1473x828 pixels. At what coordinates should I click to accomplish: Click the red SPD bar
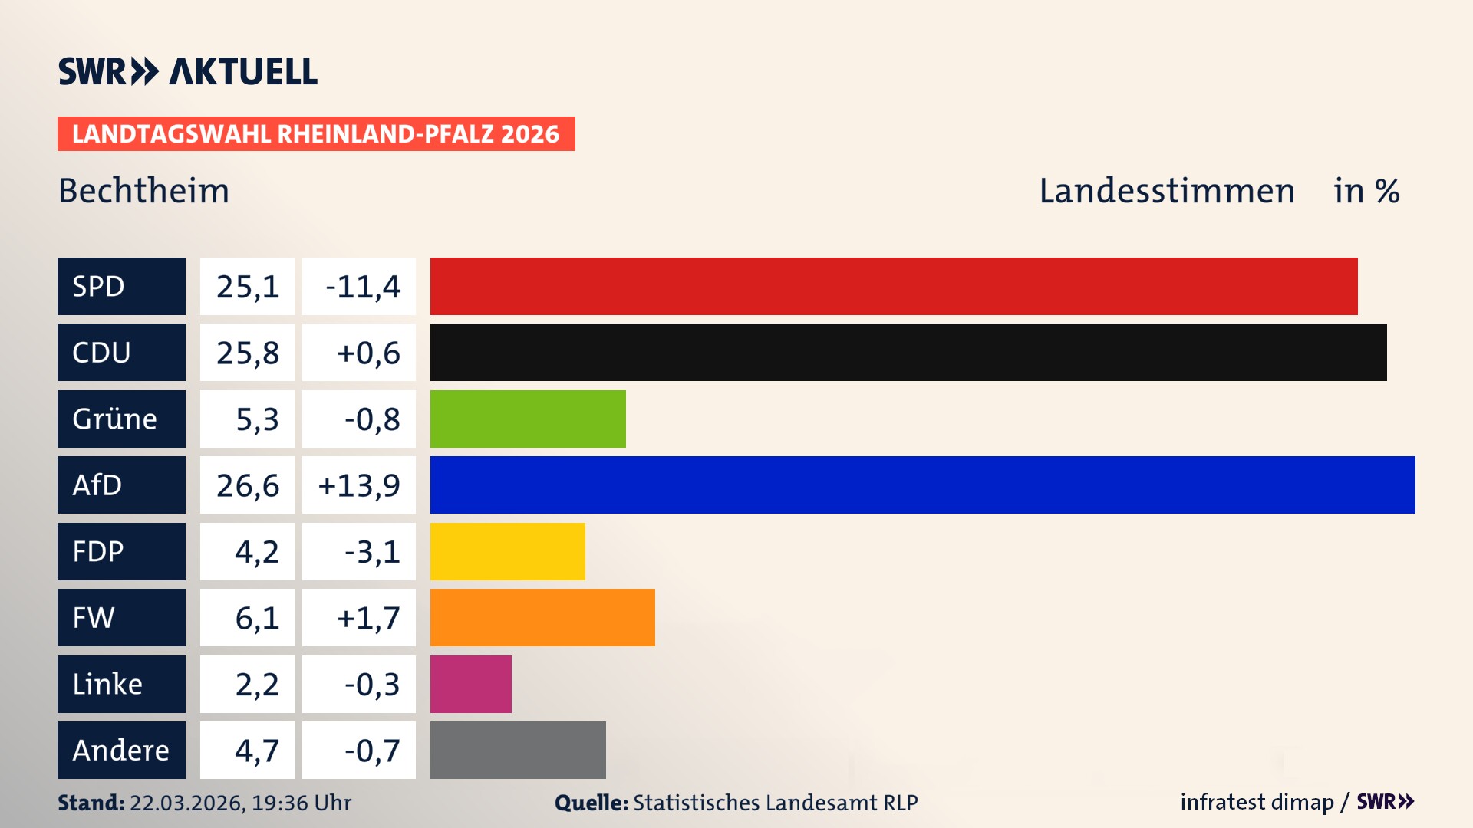point(894,286)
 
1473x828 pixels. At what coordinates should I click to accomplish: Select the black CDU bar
point(908,352)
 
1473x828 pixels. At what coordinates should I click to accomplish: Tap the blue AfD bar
point(922,485)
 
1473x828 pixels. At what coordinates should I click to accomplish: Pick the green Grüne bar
point(528,419)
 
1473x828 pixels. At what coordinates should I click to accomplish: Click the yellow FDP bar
point(507,551)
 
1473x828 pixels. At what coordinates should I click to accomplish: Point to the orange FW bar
point(542,617)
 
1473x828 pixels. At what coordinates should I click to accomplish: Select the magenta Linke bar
point(470,684)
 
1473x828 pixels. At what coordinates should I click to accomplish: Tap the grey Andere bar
point(518,750)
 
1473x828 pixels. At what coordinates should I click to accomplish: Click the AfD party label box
point(121,485)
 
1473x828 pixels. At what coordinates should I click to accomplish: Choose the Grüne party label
point(121,419)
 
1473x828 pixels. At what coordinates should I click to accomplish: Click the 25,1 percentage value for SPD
point(247,286)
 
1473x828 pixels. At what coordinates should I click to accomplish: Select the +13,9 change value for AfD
point(359,485)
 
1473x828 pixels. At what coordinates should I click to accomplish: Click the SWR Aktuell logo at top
point(187,71)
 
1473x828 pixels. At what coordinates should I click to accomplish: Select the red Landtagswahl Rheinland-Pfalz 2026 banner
point(316,133)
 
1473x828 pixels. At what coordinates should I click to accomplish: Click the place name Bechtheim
point(144,191)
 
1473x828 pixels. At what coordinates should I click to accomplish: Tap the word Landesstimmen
point(1166,191)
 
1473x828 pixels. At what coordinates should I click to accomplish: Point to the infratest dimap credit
point(1257,802)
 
